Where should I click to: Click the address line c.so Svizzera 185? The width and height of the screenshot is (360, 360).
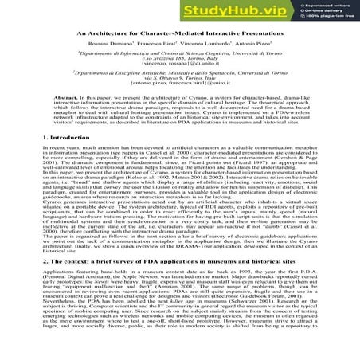tap(179, 82)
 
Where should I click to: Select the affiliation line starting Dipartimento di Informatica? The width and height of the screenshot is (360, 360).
tap(179, 76)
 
